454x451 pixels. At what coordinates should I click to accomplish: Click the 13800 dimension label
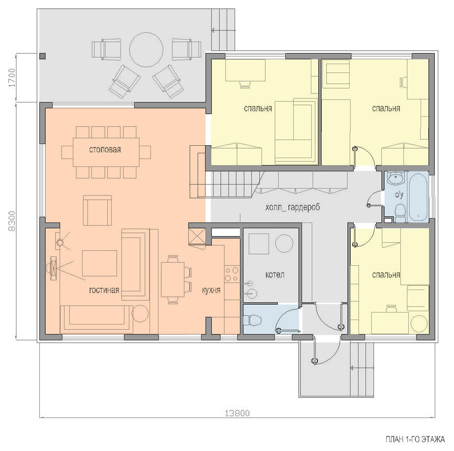click(237, 413)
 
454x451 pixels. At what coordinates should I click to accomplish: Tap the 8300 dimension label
click(12, 221)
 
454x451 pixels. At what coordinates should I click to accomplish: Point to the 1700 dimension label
click(12, 78)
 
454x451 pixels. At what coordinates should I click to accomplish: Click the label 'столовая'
click(105, 150)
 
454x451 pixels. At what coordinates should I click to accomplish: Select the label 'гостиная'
click(104, 290)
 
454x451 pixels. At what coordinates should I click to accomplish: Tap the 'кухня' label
click(211, 290)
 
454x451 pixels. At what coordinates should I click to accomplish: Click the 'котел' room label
click(275, 274)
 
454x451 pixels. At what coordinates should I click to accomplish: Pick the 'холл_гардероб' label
click(293, 208)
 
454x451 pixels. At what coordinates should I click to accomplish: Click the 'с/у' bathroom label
click(399, 195)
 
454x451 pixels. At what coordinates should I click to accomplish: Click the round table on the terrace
click(146, 50)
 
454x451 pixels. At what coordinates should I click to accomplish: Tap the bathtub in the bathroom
click(418, 196)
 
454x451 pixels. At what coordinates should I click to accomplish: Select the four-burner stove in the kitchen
click(232, 274)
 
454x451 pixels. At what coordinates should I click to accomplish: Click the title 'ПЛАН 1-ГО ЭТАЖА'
click(415, 439)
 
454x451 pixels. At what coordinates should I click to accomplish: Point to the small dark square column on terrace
click(42, 56)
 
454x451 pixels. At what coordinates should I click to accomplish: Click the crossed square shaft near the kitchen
click(197, 236)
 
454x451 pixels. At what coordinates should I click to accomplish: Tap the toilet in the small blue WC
click(253, 321)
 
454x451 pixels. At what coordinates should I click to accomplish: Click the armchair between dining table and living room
click(97, 210)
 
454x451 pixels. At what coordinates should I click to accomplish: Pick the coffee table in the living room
click(99, 263)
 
